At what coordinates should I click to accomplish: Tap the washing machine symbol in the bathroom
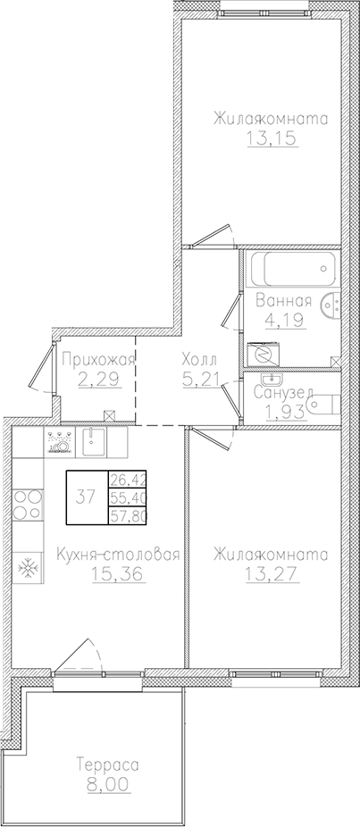tap(264, 355)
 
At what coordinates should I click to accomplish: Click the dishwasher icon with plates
tap(59, 441)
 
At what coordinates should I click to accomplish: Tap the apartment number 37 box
tap(87, 497)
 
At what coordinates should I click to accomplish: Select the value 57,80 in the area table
tap(127, 515)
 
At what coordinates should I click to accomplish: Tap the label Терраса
tap(106, 765)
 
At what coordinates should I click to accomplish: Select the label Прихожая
tap(97, 360)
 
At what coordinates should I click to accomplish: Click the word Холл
tap(197, 360)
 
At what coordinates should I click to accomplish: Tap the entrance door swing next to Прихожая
tap(42, 368)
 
